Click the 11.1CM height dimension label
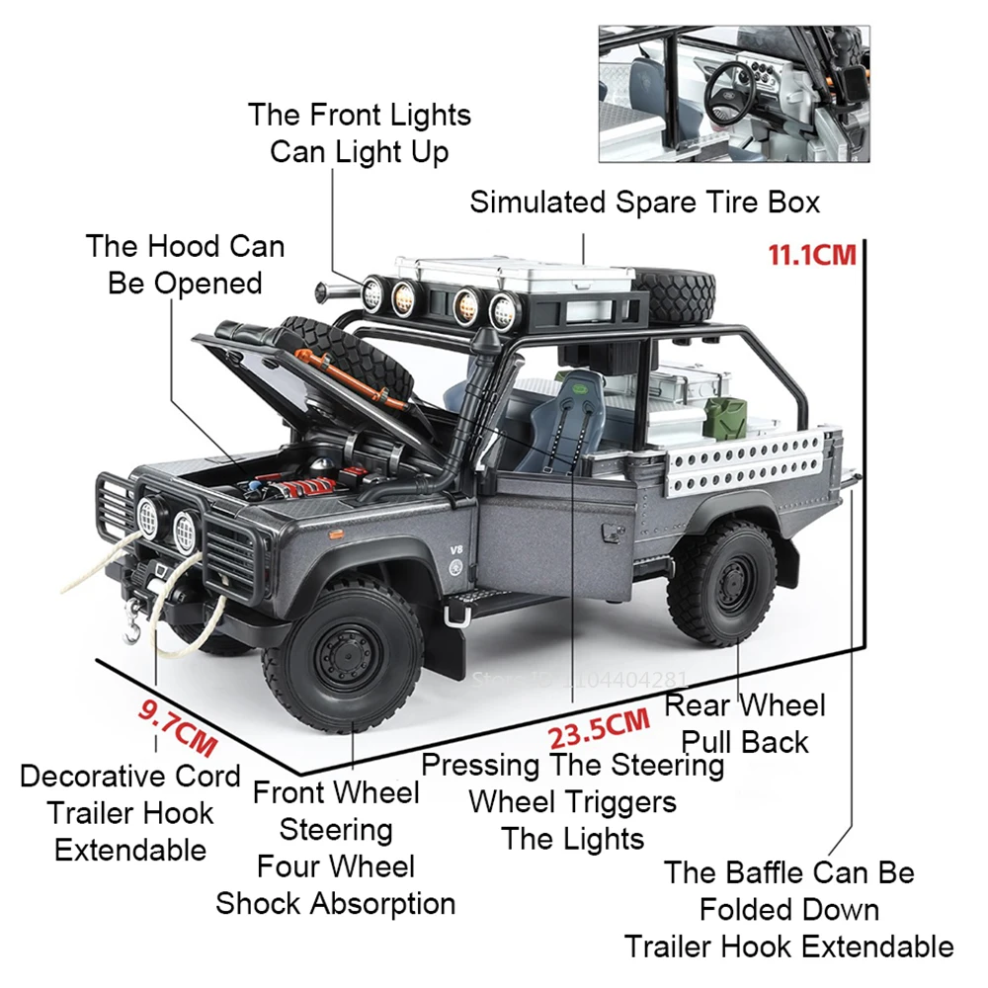click(811, 255)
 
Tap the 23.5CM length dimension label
click(599, 728)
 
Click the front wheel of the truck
click(342, 656)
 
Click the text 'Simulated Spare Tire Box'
click(644, 203)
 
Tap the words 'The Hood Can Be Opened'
click(185, 264)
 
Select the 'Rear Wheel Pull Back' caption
click(745, 723)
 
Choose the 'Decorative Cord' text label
click(129, 776)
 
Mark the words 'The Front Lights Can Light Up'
click(359, 132)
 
